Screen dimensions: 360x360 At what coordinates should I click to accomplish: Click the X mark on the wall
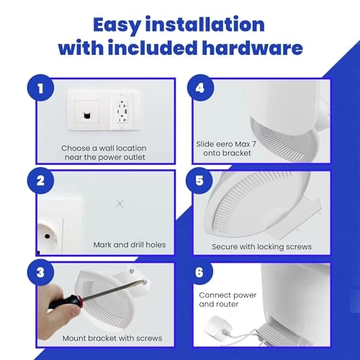point(120,204)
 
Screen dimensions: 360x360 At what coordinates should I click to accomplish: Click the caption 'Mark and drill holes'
point(130,245)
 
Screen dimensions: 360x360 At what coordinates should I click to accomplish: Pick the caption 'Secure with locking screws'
point(261,246)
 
